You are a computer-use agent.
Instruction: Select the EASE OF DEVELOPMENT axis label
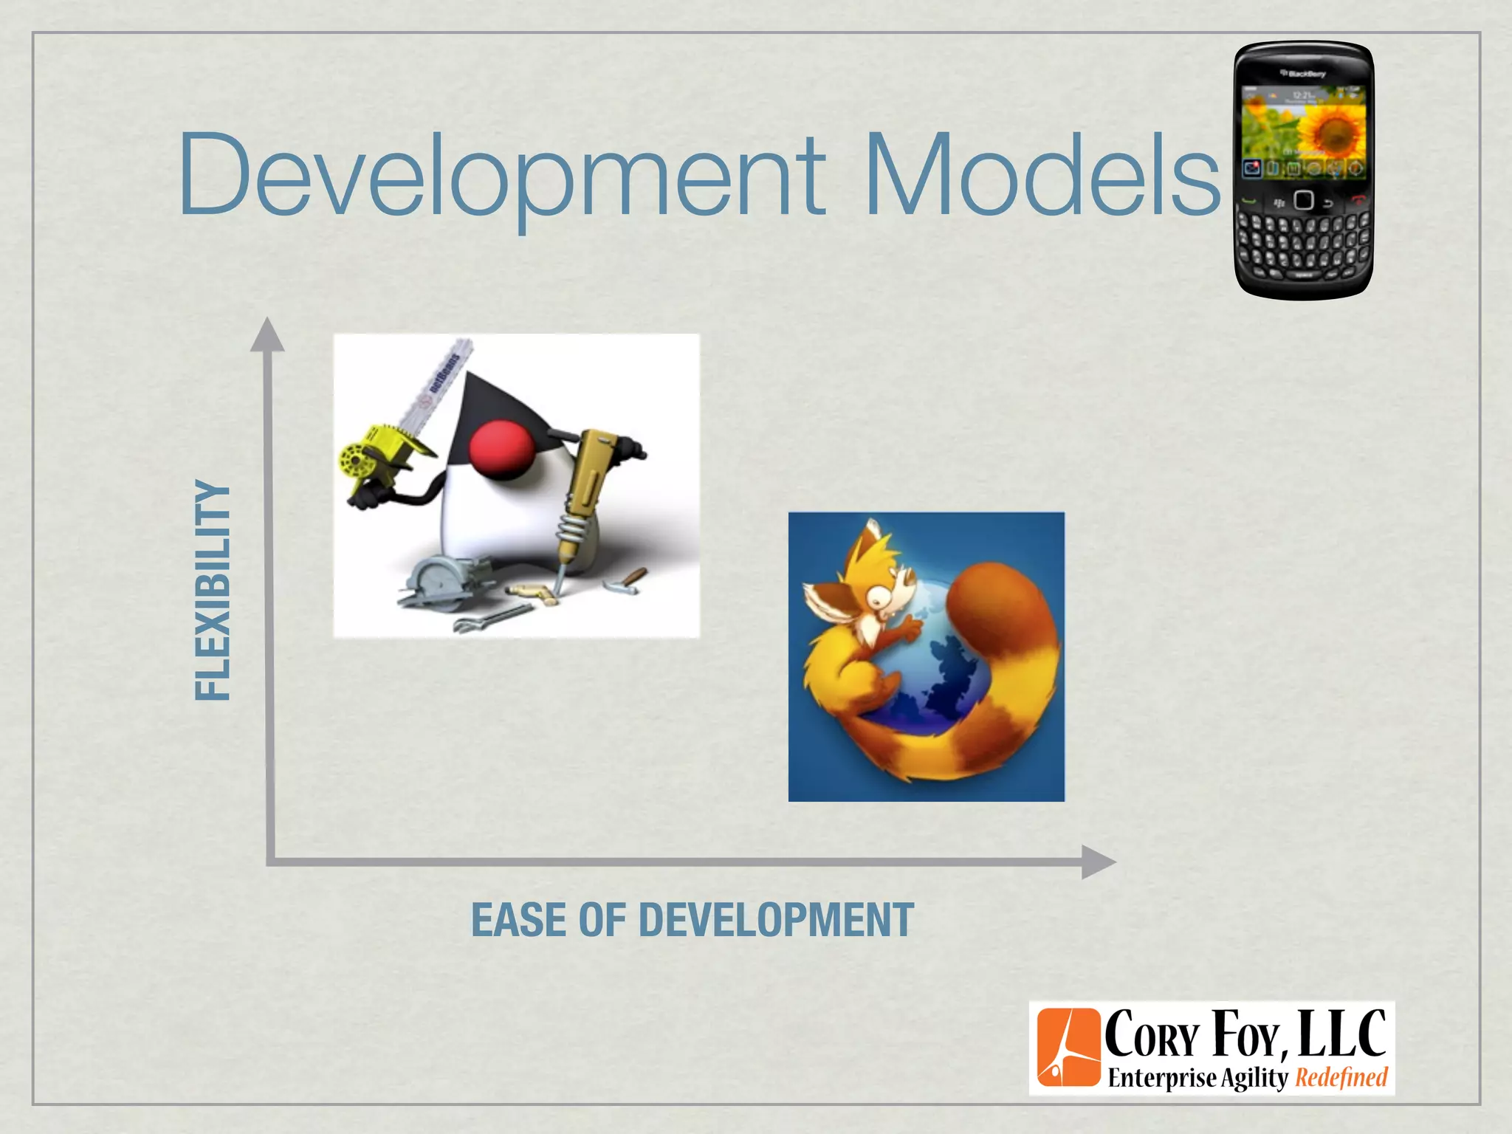[693, 920]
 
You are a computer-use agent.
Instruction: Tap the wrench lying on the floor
[491, 617]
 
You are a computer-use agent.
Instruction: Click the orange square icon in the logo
[1068, 1048]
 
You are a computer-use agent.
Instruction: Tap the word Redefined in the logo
[1341, 1077]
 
